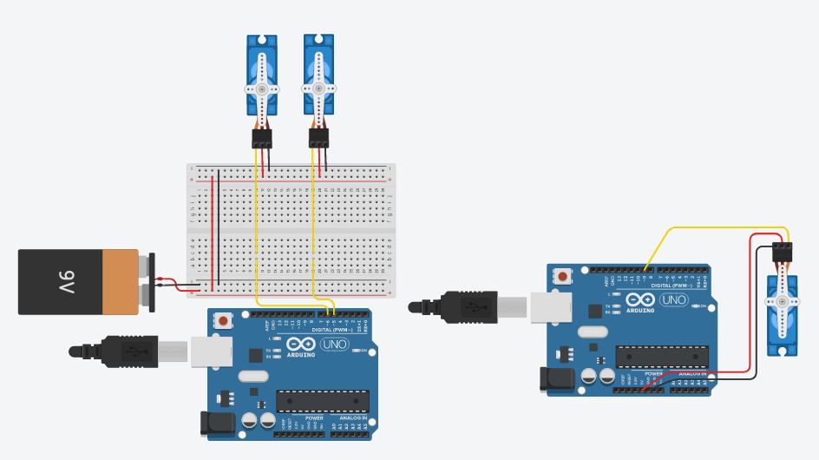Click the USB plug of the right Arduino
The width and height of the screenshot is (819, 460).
click(x=468, y=306)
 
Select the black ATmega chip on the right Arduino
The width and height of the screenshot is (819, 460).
click(x=662, y=357)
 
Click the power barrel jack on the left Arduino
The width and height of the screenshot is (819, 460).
click(x=216, y=423)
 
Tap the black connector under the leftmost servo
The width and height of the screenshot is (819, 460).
click(x=261, y=138)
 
